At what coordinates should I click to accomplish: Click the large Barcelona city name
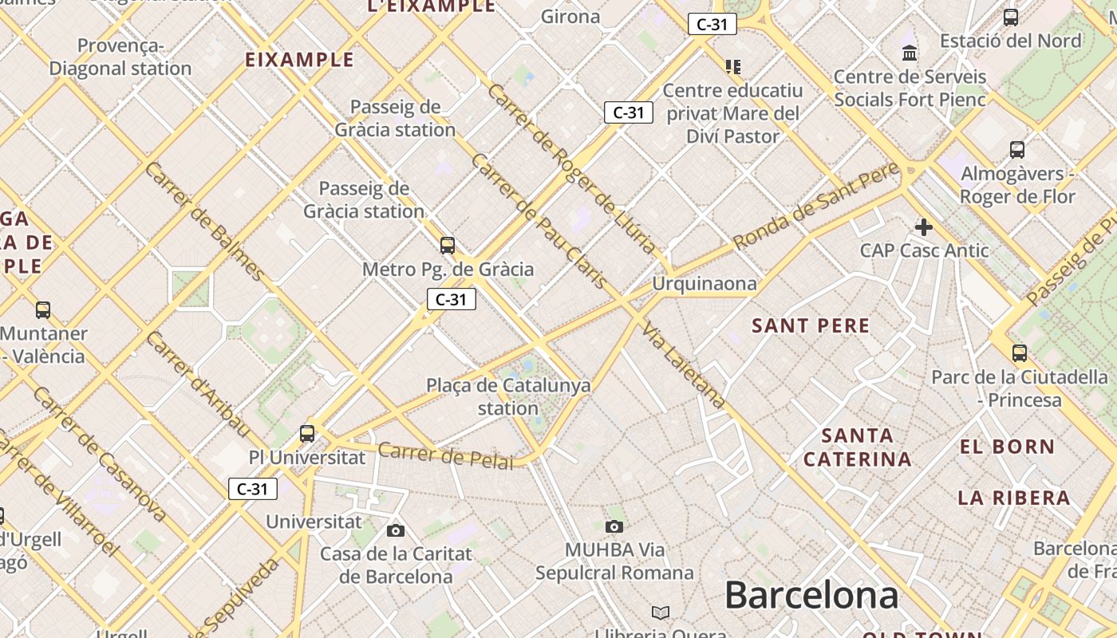[811, 596]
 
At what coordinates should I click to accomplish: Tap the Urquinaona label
[704, 284]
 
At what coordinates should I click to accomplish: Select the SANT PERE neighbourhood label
[811, 325]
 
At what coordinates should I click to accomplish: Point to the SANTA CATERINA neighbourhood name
[857, 447]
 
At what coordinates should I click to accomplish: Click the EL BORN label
[1007, 447]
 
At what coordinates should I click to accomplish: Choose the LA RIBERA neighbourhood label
[1013, 498]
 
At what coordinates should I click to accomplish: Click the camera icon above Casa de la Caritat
[395, 530]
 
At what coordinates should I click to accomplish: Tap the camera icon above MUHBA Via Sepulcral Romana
[614, 526]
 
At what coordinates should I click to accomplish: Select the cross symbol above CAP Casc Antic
[924, 227]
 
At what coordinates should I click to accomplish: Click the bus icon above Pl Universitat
[307, 434]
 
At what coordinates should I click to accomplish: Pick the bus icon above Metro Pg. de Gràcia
[448, 245]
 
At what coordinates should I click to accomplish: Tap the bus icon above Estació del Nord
[1011, 17]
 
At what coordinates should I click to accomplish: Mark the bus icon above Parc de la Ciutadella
[1020, 352]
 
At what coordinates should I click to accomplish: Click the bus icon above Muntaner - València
[43, 309]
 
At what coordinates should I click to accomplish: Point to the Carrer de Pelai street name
[445, 455]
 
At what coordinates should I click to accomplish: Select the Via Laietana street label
[685, 365]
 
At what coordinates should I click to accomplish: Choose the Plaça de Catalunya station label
[508, 396]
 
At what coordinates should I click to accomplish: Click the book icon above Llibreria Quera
[661, 612]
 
